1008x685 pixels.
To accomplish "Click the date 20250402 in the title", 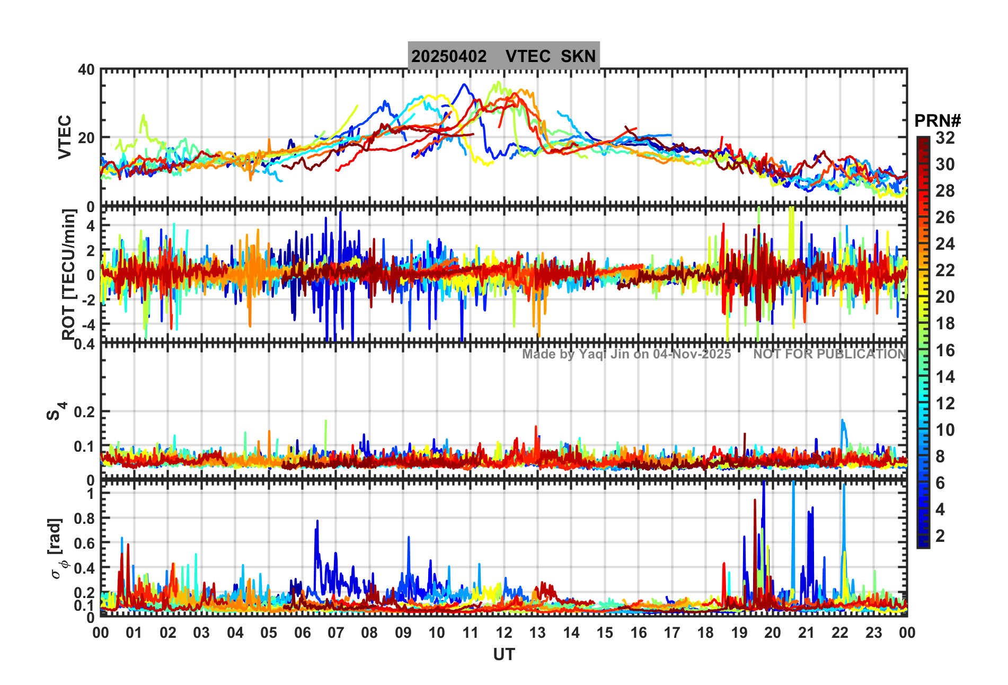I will [449, 56].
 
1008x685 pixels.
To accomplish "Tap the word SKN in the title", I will [578, 56].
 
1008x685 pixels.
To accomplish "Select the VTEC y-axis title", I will [65, 137].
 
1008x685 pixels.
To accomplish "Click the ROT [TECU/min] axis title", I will [69, 274].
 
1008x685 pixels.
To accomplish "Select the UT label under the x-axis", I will [503, 655].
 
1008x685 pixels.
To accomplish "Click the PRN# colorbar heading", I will [938, 121].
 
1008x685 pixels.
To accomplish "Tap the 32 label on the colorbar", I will [945, 138].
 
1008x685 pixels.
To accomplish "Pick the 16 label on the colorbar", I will [945, 350].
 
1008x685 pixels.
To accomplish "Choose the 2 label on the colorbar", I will [940, 536].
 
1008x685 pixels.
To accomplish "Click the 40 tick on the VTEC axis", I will [86, 70].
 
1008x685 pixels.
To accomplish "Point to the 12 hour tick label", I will [503, 633].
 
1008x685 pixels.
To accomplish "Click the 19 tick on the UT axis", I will [739, 633].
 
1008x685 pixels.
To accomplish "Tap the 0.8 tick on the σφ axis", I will [84, 519].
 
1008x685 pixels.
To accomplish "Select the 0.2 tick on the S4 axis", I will [84, 411].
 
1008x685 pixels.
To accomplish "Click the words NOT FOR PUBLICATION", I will [830, 354].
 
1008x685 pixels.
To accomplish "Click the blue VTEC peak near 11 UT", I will [464, 85].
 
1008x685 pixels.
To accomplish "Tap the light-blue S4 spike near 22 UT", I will [842, 422].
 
